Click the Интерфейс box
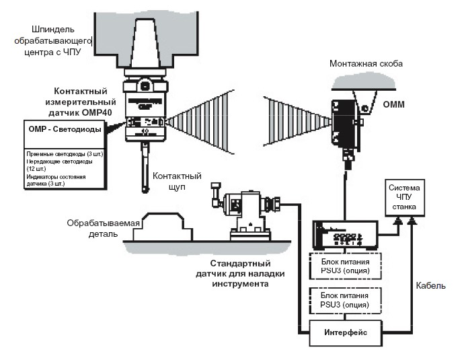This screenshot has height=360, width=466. click(x=344, y=332)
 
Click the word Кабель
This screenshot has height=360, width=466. click(x=430, y=286)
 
